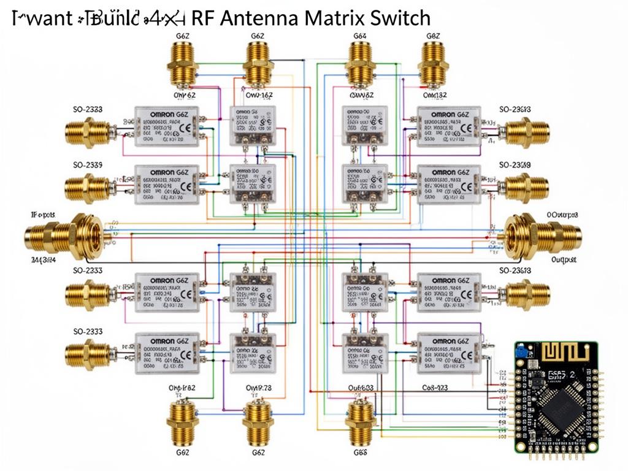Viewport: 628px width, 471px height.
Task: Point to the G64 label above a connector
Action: click(x=360, y=37)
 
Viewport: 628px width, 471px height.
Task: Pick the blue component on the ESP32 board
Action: click(x=522, y=352)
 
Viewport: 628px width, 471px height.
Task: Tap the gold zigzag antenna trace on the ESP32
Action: click(x=565, y=354)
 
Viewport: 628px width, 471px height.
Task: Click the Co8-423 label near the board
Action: click(x=435, y=388)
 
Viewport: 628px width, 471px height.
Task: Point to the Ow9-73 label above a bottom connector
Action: click(x=258, y=388)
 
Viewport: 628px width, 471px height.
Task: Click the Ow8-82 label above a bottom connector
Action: click(x=182, y=388)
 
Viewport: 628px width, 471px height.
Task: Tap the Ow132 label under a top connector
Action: click(x=435, y=95)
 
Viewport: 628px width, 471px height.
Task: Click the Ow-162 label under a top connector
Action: click(x=259, y=95)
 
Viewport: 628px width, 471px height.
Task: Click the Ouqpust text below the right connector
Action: click(x=564, y=260)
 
